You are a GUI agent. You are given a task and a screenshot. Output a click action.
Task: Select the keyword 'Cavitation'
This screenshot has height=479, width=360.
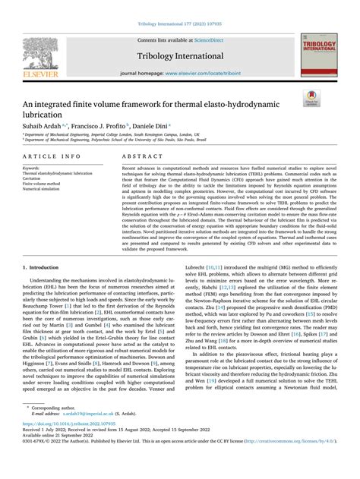[36, 178]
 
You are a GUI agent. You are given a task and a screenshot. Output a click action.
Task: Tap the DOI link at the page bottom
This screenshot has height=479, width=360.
[67, 447]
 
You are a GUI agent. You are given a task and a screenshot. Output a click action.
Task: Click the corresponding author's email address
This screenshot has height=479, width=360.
[78, 436]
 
